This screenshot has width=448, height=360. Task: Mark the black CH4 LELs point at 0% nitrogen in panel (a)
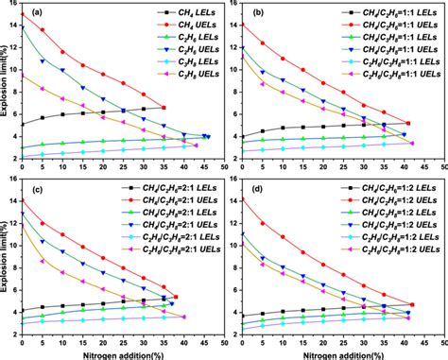(x=22, y=123)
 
